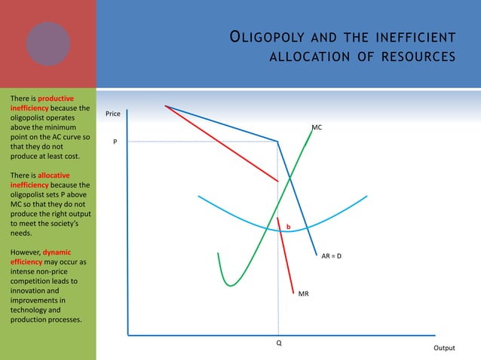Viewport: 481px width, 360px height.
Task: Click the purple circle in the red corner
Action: [48, 43]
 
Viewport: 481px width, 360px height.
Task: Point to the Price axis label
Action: [113, 114]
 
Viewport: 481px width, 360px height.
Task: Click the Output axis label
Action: [444, 348]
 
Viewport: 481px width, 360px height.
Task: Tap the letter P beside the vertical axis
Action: [115, 142]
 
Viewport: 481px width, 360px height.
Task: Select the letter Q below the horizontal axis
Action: [278, 343]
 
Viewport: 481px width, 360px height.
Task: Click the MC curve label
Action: [317, 128]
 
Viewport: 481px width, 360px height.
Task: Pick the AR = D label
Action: [332, 256]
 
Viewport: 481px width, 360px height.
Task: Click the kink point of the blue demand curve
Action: [278, 141]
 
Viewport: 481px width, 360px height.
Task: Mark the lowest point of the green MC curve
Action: [231, 285]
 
